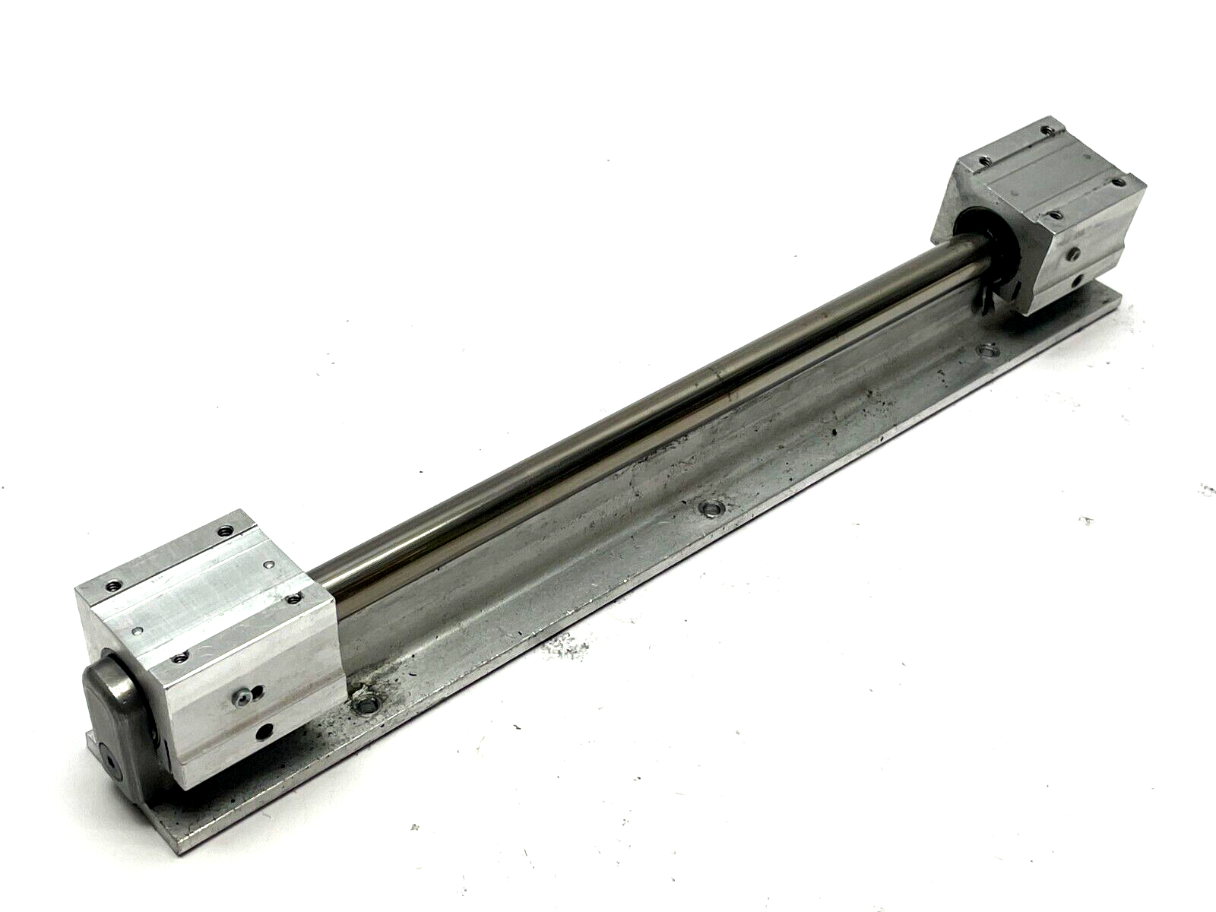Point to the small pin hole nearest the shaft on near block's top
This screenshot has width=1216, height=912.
(271, 565)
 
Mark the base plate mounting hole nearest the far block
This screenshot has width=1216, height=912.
(987, 350)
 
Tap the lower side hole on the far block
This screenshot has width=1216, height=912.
(1080, 282)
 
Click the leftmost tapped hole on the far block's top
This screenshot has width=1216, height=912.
(985, 160)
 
